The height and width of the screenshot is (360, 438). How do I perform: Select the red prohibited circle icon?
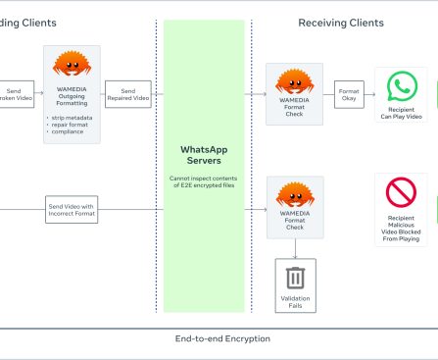pos(401,192)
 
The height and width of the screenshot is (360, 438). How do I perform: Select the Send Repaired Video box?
pos(128,93)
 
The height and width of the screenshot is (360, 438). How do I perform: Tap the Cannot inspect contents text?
pos(205,182)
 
